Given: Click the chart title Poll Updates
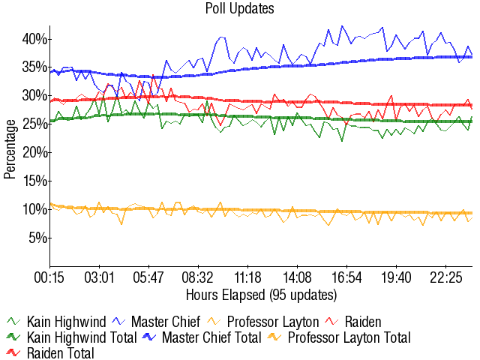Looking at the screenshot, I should click(240, 9).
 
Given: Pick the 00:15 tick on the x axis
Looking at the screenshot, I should click(50, 277).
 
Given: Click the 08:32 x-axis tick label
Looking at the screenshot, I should click(198, 277).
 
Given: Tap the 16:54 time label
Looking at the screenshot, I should click(346, 277).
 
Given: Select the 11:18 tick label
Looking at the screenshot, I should click(247, 277).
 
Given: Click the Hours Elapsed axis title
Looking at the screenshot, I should click(261, 293).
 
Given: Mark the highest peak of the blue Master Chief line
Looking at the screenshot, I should click(342, 26).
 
